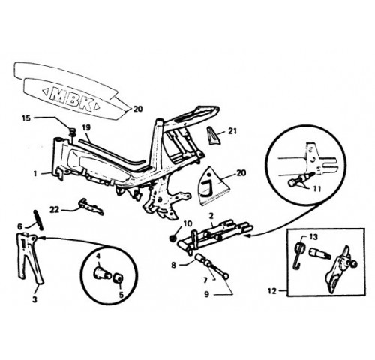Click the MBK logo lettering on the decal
[x=71, y=99]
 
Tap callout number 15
[x=26, y=118]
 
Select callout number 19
[x=86, y=128]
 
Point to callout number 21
[x=232, y=130]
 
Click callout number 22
[x=54, y=210]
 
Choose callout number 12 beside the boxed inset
[x=272, y=291]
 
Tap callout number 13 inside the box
[x=313, y=236]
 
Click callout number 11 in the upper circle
[x=317, y=189]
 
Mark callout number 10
[x=188, y=223]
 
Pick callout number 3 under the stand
[x=34, y=299]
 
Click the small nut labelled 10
[x=172, y=238]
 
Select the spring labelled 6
[x=39, y=220]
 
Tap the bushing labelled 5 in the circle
[x=118, y=278]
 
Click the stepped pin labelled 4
[x=102, y=272]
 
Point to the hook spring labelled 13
[x=299, y=255]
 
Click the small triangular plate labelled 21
[x=213, y=136]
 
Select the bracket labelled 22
[x=91, y=206]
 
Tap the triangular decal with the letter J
[x=214, y=187]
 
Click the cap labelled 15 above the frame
[x=72, y=131]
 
